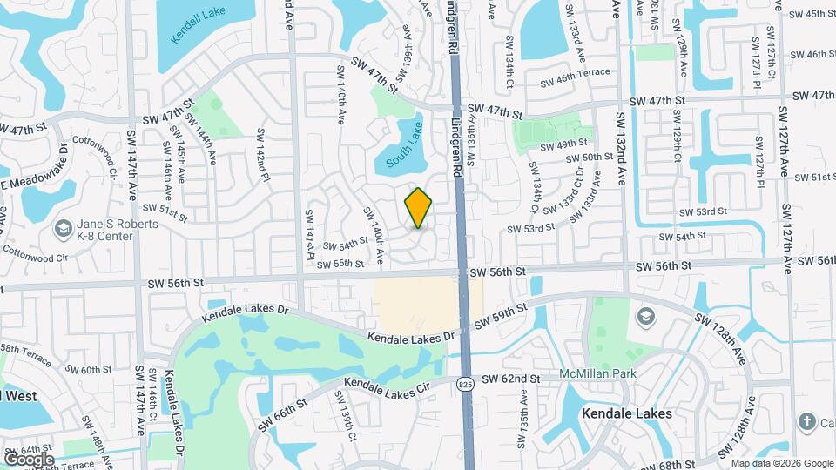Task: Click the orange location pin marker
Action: [419, 208]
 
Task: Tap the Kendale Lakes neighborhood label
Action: [627, 413]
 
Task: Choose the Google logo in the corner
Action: [29, 459]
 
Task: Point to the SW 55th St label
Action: [340, 264]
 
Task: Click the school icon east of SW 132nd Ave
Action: [645, 315]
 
